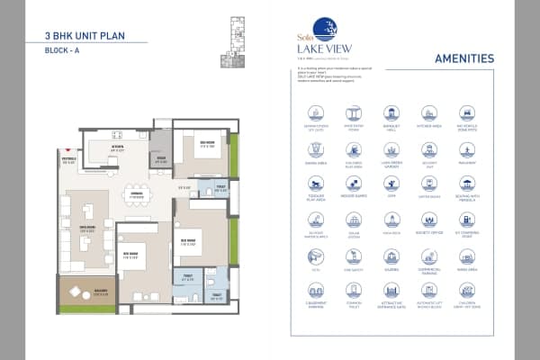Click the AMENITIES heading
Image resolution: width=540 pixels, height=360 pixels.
point(463,58)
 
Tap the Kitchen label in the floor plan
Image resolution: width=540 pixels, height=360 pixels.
point(117,147)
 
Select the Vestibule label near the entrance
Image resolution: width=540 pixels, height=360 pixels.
point(69,162)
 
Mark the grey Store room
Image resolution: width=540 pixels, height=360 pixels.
point(161,157)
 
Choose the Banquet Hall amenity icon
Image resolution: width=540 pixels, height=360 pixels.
point(391,113)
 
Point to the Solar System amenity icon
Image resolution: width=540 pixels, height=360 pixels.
point(353,220)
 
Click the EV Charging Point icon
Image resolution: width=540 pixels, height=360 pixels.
point(466,220)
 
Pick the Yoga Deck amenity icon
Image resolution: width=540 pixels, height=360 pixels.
point(391,220)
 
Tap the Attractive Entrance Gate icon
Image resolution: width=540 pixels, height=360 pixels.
point(391,292)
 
